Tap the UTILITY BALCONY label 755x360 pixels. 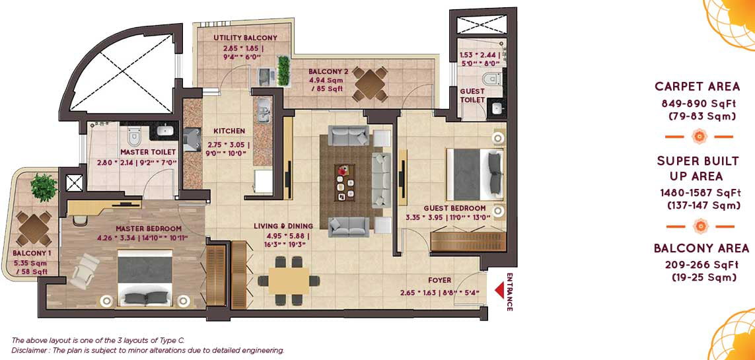(246, 38)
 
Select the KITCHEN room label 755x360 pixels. (230, 131)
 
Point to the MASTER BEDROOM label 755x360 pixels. (149, 229)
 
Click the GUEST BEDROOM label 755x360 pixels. (454, 208)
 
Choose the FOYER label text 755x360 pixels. (440, 280)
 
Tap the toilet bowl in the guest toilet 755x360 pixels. (491, 79)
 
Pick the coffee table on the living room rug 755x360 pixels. (345, 182)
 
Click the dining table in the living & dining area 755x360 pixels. (289, 280)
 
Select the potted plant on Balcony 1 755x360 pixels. (44, 187)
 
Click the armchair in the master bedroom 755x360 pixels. (85, 271)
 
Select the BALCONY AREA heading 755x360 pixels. (701, 248)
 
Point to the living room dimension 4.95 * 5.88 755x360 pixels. (287, 236)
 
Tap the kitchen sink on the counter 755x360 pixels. (264, 111)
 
